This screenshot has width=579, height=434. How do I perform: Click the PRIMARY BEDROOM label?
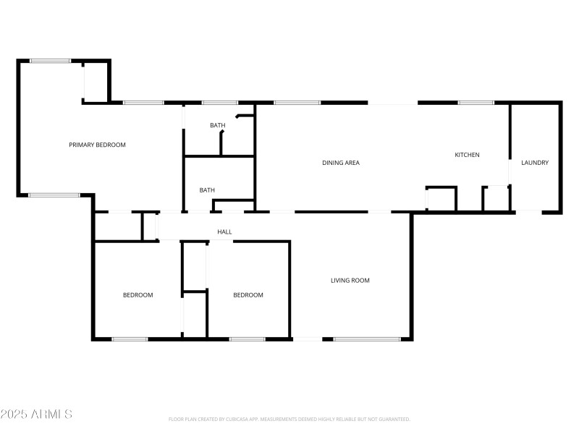[97, 145]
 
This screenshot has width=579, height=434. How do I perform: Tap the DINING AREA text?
[341, 163]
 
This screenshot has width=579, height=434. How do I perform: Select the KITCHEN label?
[467, 155]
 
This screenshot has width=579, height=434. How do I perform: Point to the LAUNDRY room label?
[535, 163]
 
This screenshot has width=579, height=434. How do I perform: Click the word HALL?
[224, 231]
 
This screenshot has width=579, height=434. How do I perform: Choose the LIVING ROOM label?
[350, 280]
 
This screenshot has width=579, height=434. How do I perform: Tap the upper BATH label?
[218, 125]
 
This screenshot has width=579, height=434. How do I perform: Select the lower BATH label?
[208, 190]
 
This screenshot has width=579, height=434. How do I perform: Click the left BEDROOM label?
[138, 294]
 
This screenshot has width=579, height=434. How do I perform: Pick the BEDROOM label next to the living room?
[248, 294]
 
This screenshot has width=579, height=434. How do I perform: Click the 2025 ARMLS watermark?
[36, 414]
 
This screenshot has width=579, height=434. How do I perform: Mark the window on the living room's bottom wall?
[367, 339]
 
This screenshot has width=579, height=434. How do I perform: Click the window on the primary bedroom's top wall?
[51, 61]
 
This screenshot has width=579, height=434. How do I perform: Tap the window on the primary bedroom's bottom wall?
[54, 195]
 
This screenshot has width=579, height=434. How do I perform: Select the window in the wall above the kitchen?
[476, 103]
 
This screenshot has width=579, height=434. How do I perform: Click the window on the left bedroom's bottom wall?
[130, 339]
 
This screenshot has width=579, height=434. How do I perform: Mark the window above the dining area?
[297, 103]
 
